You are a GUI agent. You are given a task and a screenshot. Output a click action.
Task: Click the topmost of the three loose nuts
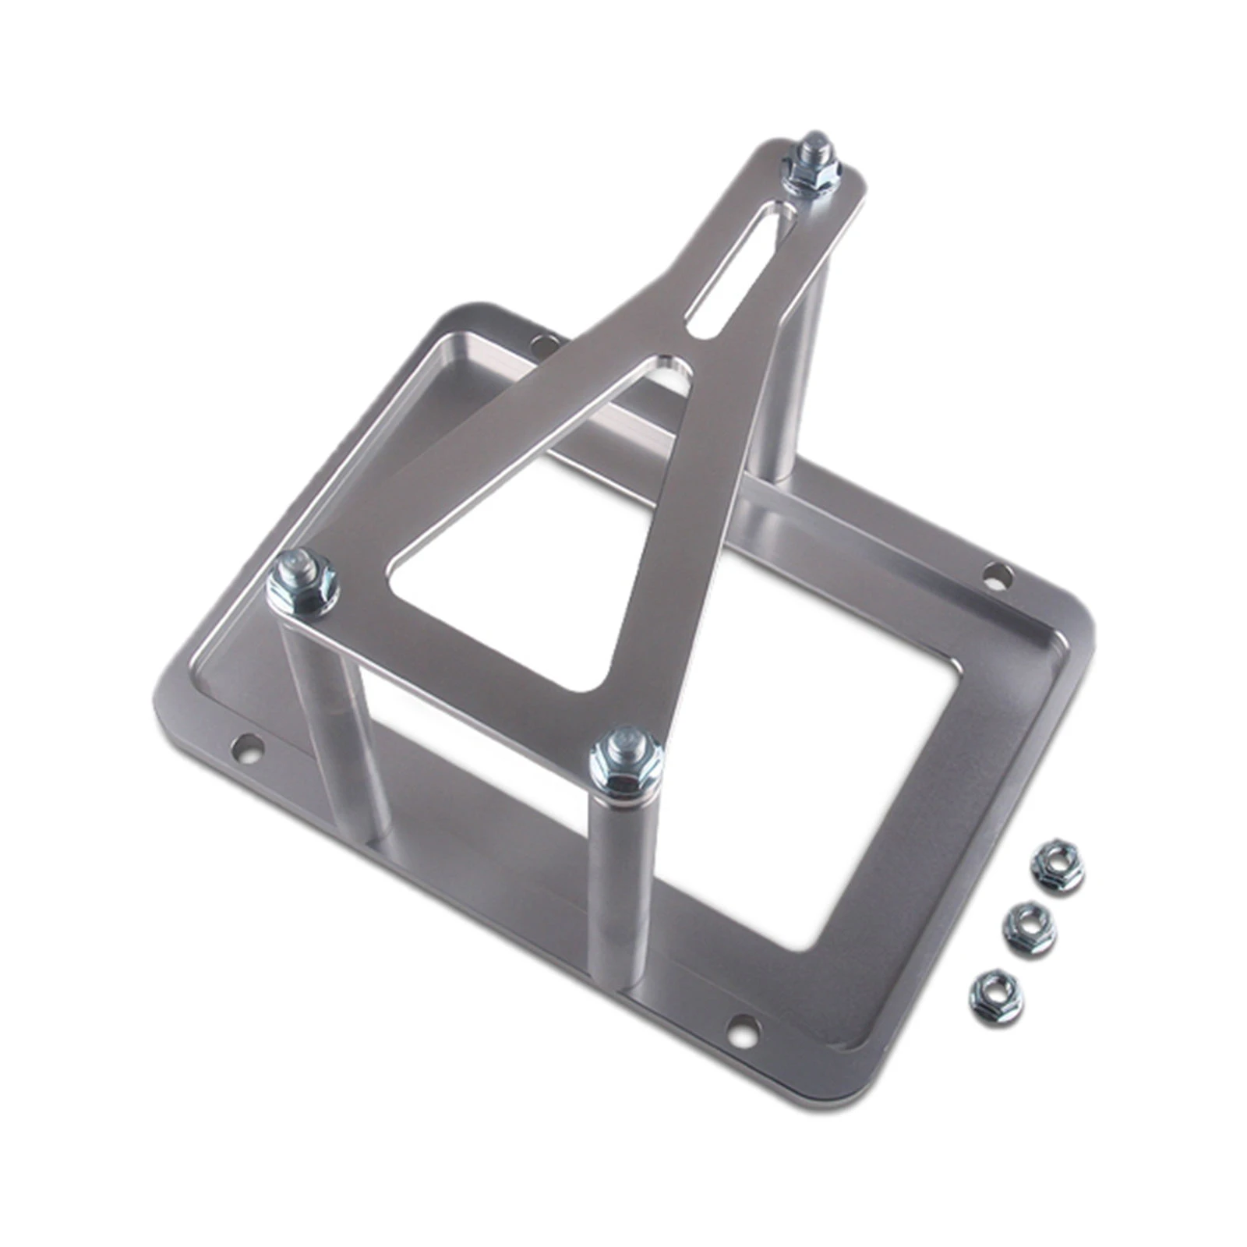1057,867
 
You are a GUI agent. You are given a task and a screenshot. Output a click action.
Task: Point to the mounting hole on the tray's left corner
249,748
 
